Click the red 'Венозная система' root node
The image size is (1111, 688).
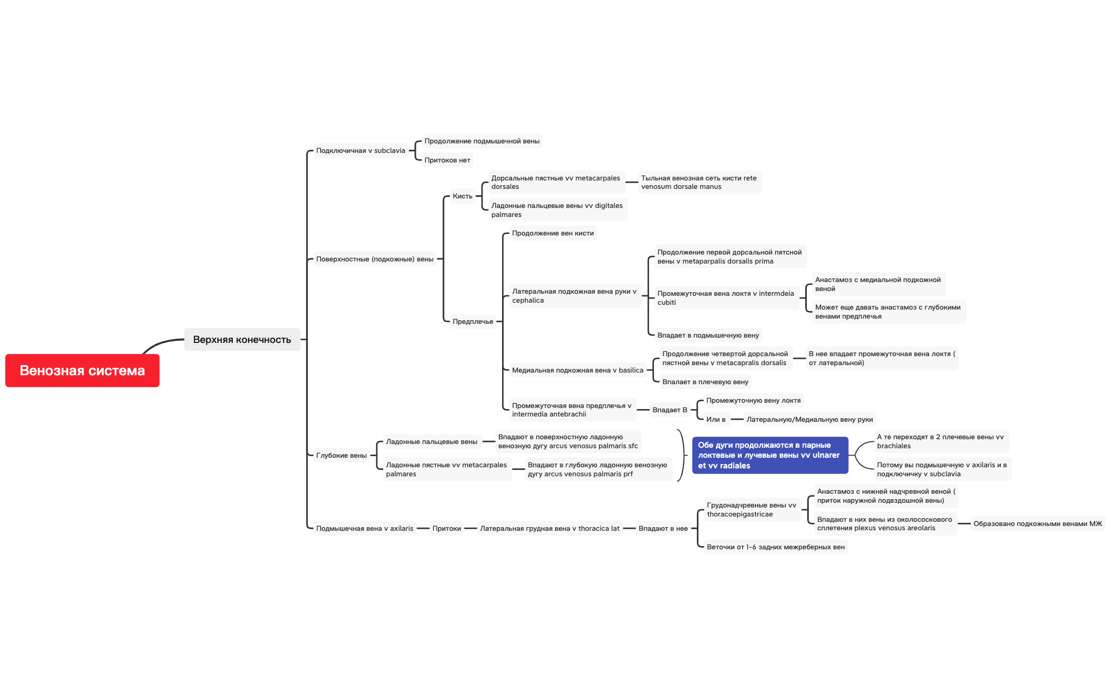coord(82,370)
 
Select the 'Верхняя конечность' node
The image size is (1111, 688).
coord(242,340)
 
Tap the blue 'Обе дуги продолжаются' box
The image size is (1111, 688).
coord(769,455)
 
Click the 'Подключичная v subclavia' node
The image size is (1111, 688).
coord(360,151)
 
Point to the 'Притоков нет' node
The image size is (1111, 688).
coord(447,160)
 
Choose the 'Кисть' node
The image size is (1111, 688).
coord(462,196)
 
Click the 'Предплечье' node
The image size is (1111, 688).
coord(472,322)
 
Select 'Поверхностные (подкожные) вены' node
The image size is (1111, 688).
coord(375,259)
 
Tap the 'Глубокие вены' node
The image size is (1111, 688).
coord(341,456)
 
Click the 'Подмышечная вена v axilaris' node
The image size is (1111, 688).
coord(365,529)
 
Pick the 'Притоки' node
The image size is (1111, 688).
coord(447,529)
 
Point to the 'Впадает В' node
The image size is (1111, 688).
coord(669,410)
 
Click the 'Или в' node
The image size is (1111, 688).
coord(716,420)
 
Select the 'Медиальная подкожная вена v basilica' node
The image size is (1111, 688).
coord(577,370)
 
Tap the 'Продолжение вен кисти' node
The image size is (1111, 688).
coord(553,233)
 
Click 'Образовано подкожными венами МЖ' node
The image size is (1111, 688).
coord(1037,524)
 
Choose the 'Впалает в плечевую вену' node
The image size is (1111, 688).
coord(705,382)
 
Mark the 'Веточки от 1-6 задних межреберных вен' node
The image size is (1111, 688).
coord(776,547)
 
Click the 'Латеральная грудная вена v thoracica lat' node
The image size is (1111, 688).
coord(549,529)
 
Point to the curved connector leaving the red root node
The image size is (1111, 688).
coord(159,345)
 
